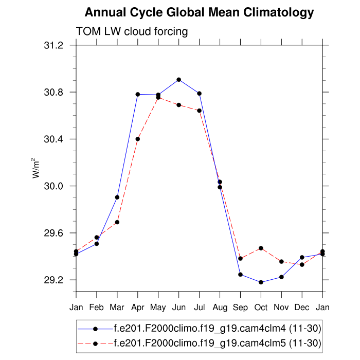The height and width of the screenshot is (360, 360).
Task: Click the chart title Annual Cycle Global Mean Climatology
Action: pyautogui.click(x=199, y=12)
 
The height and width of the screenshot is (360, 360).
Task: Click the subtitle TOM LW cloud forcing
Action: pyautogui.click(x=132, y=31)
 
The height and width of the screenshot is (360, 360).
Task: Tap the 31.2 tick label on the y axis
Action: pyautogui.click(x=53, y=45)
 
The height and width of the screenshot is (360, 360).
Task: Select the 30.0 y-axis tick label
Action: pyautogui.click(x=53, y=186)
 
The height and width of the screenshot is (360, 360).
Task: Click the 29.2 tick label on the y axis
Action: pyautogui.click(x=53, y=280)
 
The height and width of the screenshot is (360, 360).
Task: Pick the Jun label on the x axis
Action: pyautogui.click(x=178, y=308)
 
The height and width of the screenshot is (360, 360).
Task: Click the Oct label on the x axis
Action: pyautogui.click(x=261, y=308)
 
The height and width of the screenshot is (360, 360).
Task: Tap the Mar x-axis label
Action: pyautogui.click(x=117, y=308)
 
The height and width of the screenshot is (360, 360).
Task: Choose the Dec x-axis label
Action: pyautogui.click(x=302, y=308)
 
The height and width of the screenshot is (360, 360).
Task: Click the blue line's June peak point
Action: pyautogui.click(x=178, y=80)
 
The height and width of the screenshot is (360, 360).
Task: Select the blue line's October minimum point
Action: pyautogui.click(x=261, y=282)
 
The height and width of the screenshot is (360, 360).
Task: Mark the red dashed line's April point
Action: pyautogui.click(x=138, y=139)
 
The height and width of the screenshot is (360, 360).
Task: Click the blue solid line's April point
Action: pyautogui.click(x=138, y=94)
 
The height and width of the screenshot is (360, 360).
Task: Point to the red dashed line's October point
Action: pyautogui.click(x=261, y=248)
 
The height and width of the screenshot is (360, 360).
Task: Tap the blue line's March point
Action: pyautogui.click(x=117, y=197)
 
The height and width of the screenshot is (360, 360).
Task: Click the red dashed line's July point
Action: pyautogui.click(x=199, y=111)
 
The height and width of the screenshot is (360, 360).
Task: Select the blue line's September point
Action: pyautogui.click(x=240, y=275)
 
